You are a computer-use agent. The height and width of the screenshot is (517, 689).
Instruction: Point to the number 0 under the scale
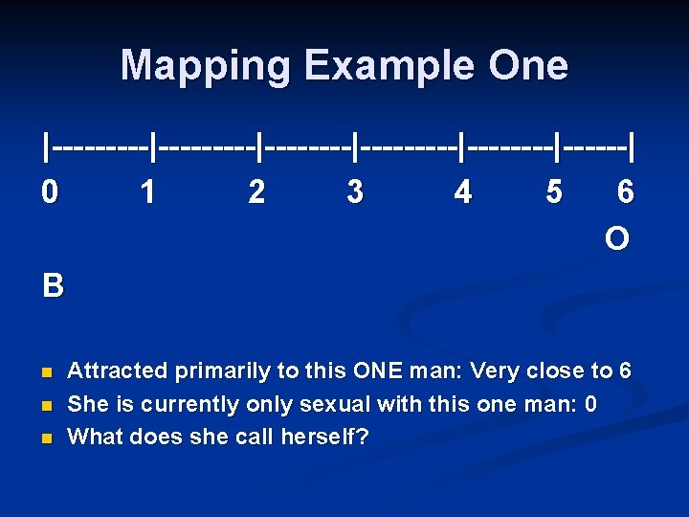50,192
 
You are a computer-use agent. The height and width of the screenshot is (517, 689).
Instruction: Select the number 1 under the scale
147,192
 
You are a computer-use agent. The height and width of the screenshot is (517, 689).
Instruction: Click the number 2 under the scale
256,192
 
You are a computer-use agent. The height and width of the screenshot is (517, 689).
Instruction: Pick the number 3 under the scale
355,192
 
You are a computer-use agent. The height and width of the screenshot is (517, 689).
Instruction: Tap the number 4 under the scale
463,192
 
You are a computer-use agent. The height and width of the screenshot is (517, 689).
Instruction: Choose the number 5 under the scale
553,192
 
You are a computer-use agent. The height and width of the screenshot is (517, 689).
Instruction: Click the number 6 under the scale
625,192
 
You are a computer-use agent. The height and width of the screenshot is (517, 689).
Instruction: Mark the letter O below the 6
617,238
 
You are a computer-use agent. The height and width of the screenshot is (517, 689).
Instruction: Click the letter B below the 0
53,285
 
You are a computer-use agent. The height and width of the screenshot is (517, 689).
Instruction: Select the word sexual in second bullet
335,404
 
